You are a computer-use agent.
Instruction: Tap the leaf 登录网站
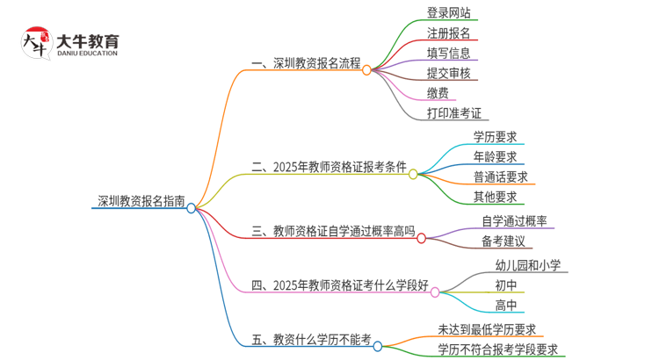click(x=448, y=13)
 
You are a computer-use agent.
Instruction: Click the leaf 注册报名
click(x=448, y=33)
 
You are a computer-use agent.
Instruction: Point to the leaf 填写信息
click(x=448, y=54)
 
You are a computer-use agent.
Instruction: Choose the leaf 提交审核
click(x=448, y=74)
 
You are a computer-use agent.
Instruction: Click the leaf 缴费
click(x=438, y=94)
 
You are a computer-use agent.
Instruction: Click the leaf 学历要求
click(x=495, y=136)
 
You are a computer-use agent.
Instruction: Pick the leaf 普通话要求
click(x=501, y=176)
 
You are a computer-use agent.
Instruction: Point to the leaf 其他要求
click(x=495, y=197)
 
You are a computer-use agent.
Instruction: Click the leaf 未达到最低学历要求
click(x=489, y=329)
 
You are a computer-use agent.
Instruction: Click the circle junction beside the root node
click(x=192, y=208)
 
